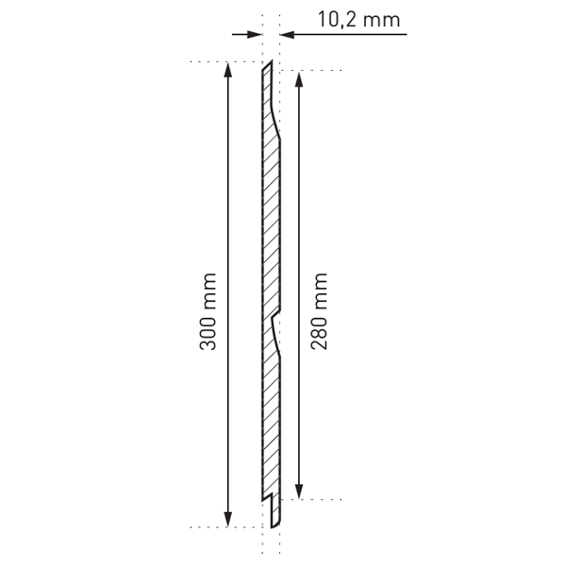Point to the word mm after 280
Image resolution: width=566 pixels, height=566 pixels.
pyautogui.click(x=318, y=290)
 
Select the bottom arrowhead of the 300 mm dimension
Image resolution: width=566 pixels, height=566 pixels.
pyautogui.click(x=227, y=520)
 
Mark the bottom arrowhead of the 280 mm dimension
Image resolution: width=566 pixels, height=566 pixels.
pyautogui.click(x=299, y=491)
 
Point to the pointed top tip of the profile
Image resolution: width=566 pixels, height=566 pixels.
pyautogui.click(x=270, y=64)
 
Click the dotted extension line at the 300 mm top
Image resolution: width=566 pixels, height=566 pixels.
pyautogui.click(x=208, y=62)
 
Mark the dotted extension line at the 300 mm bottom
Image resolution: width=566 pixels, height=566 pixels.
pyautogui.click(x=208, y=527)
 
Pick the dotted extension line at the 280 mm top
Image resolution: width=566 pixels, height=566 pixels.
pyautogui.click(x=316, y=70)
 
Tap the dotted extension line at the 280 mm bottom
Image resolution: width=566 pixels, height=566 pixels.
pyautogui.click(x=316, y=499)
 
